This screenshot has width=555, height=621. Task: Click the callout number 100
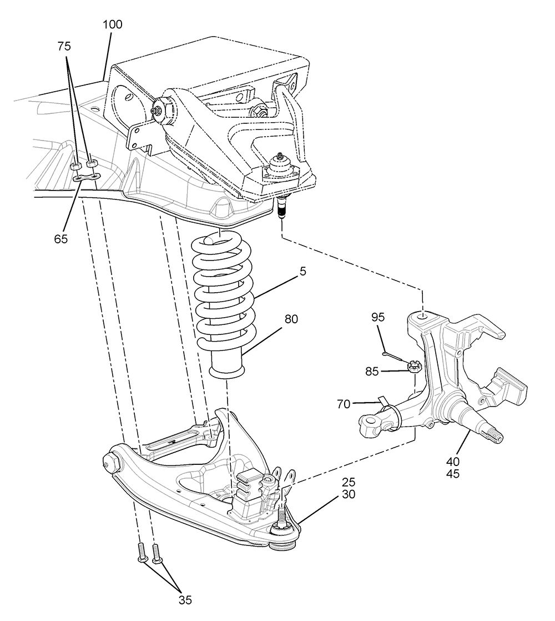[113, 24]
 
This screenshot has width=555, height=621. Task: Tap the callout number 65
[61, 238]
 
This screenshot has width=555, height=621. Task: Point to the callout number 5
[319, 272]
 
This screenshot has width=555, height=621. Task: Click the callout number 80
[291, 319]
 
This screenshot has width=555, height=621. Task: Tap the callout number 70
[344, 404]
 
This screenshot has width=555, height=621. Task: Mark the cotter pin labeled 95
[397, 356]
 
